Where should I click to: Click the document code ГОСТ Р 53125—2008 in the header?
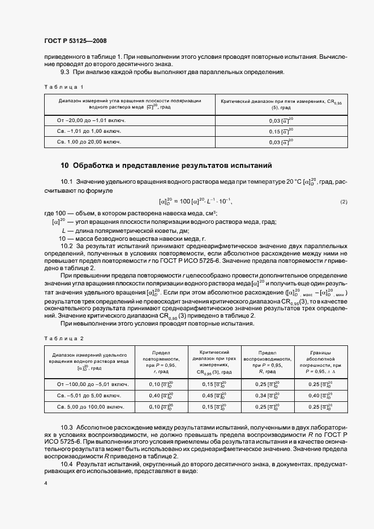click(x=75, y=41)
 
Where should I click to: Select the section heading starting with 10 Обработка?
click(x=166, y=166)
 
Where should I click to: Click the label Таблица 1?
click(x=64, y=86)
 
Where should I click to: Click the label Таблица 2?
click(x=64, y=337)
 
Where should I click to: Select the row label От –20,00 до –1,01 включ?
click(x=91, y=120)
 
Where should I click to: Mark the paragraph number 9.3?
click(x=65, y=72)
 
